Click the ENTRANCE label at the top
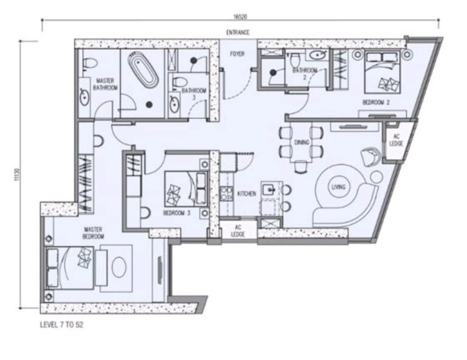click(x=238, y=32)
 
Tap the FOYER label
click(x=237, y=54)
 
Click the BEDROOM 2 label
click(x=375, y=102)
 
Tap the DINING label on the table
click(x=302, y=142)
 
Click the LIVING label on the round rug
click(x=338, y=187)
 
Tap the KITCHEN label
click(x=246, y=193)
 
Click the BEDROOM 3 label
click(x=176, y=213)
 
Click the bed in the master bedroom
click(x=72, y=266)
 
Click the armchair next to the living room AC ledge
click(x=370, y=156)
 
